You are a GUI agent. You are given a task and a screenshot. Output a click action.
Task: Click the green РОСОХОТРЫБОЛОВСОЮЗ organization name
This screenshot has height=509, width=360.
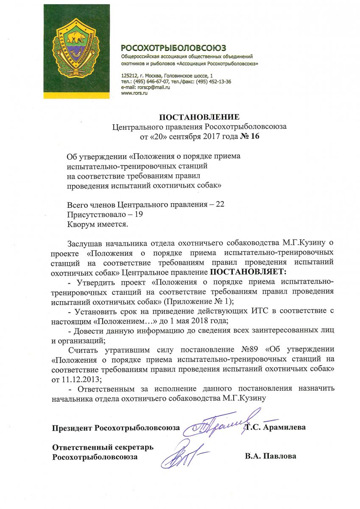[x=173, y=48]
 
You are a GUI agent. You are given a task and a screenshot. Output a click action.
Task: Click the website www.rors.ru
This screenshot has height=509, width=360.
[x=134, y=93]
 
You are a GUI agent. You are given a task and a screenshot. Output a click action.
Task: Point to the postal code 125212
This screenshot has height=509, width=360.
[x=129, y=76]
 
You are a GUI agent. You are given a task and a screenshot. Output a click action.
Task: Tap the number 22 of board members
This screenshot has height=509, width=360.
[x=220, y=204]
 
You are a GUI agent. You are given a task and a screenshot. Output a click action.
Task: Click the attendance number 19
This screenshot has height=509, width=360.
[x=138, y=214]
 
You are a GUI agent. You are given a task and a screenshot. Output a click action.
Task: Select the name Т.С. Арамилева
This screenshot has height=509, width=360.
[x=276, y=428]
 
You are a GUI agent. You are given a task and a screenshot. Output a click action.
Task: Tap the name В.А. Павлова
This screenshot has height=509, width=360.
[x=270, y=456]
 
